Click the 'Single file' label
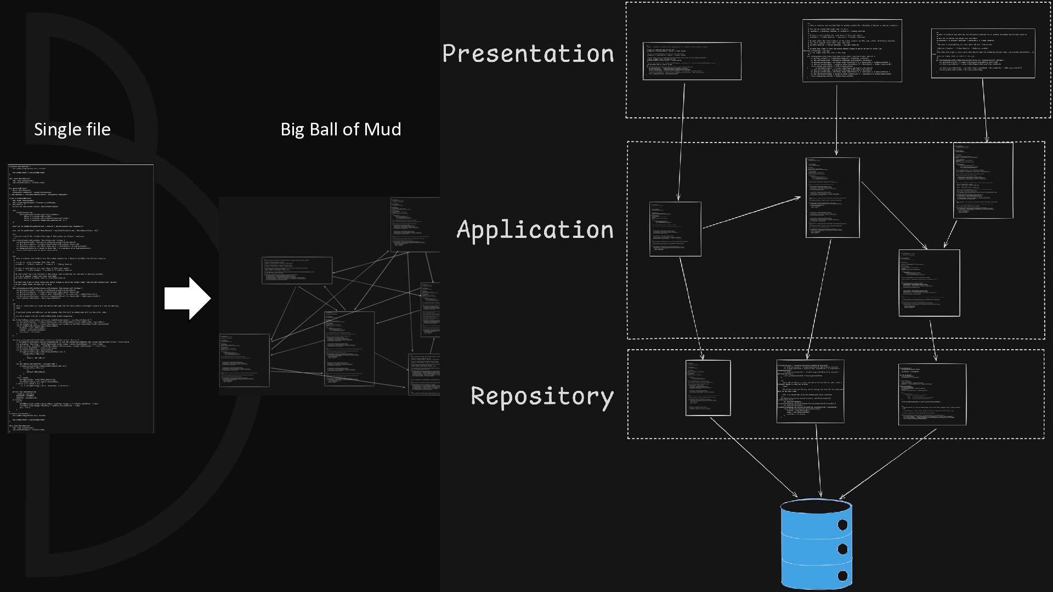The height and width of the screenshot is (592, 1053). tap(72, 129)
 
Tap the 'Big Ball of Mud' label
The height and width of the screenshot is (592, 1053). tap(341, 129)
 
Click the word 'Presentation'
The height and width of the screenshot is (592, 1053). tap(528, 54)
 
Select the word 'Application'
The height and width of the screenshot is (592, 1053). tap(535, 230)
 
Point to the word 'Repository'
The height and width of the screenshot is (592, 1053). tap(542, 396)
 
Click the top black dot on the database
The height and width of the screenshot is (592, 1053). tap(842, 525)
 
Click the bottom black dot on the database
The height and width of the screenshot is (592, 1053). tap(842, 576)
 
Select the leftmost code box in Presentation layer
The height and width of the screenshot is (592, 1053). tap(692, 61)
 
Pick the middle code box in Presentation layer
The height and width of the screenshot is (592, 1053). tap(852, 51)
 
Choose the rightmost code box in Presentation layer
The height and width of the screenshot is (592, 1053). tap(983, 53)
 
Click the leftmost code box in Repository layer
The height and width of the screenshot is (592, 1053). tap(707, 388)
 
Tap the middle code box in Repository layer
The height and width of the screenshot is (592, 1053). tap(810, 391)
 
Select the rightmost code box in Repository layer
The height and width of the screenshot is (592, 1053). tap(932, 394)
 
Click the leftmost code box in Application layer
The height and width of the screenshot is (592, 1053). tap(675, 229)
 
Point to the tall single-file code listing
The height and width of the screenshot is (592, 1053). tap(81, 299)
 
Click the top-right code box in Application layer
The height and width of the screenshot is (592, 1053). tap(983, 180)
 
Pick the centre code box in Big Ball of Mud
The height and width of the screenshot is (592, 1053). tap(349, 349)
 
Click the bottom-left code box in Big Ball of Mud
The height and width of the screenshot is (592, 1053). tap(244, 360)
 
